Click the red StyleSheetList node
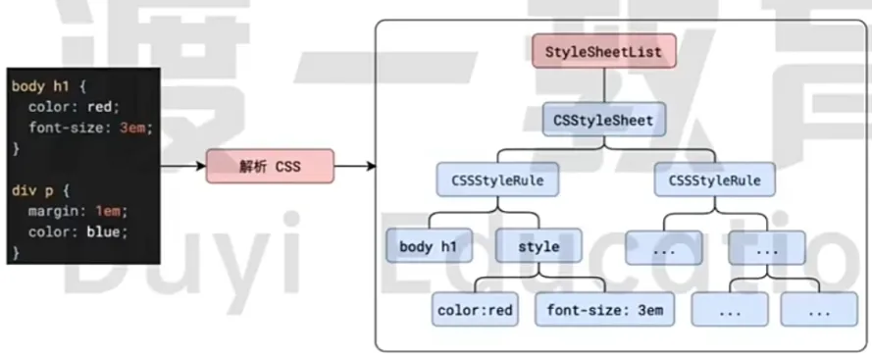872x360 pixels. click(604, 51)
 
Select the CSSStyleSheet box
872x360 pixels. click(603, 121)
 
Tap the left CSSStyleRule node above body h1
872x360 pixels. click(497, 180)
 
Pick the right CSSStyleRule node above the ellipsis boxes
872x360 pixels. click(714, 180)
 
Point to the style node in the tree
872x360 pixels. click(539, 246)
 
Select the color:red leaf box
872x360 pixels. click(474, 310)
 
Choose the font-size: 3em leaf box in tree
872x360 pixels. click(605, 310)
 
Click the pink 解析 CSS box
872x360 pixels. click(270, 166)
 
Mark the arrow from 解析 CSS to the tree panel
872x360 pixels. click(355, 166)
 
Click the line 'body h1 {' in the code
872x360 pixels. click(49, 86)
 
